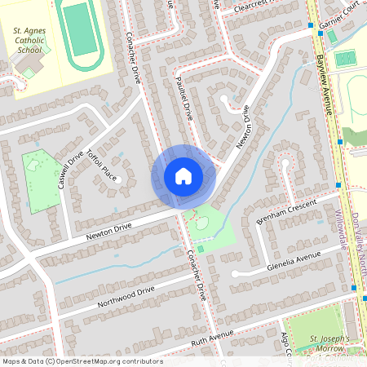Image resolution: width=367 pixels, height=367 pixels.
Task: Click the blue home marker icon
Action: click(183, 176)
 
